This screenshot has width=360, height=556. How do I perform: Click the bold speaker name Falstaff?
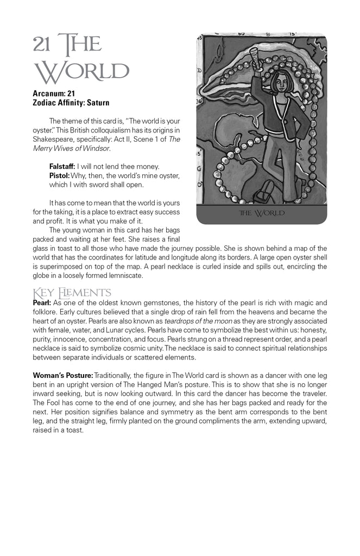click(62, 166)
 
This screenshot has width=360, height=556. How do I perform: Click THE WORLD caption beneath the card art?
click(262, 213)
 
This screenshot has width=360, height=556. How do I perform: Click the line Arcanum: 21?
click(54, 93)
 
